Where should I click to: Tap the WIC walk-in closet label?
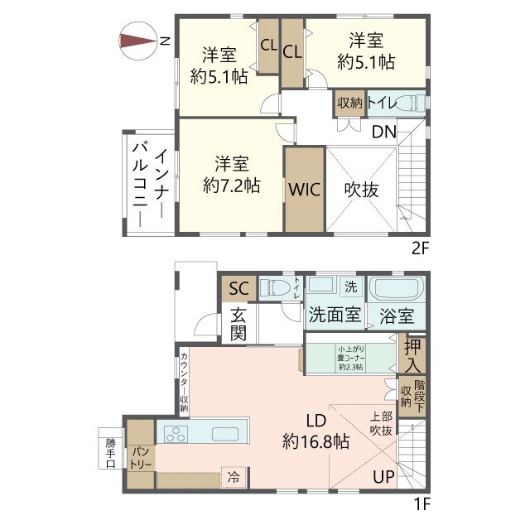304,187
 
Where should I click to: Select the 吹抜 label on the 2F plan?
361,189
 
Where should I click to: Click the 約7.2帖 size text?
232,185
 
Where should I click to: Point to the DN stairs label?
383,132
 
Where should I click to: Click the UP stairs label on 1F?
383,477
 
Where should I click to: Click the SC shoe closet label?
238,288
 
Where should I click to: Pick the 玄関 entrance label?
238,324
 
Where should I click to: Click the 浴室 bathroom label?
397,316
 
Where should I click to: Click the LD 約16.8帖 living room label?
315,431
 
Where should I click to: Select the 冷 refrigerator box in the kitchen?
234,478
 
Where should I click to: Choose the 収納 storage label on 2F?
349,103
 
